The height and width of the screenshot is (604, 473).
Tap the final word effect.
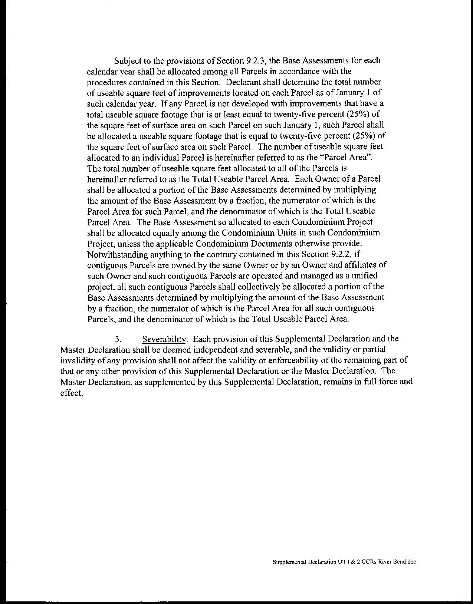click(x=70, y=393)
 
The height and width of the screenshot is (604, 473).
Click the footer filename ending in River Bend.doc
click(x=344, y=562)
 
